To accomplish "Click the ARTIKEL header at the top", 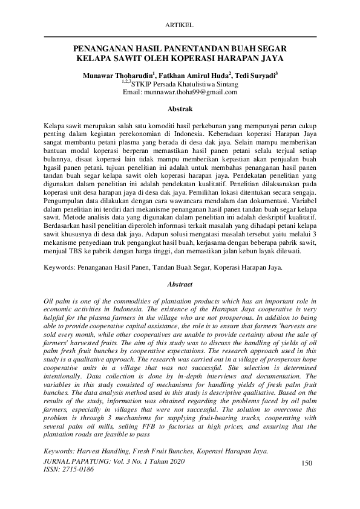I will pyautogui.click(x=180, y=25).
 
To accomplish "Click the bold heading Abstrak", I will pyautogui.click(x=180, y=109).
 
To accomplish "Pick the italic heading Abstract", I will pyautogui.click(x=180, y=284).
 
